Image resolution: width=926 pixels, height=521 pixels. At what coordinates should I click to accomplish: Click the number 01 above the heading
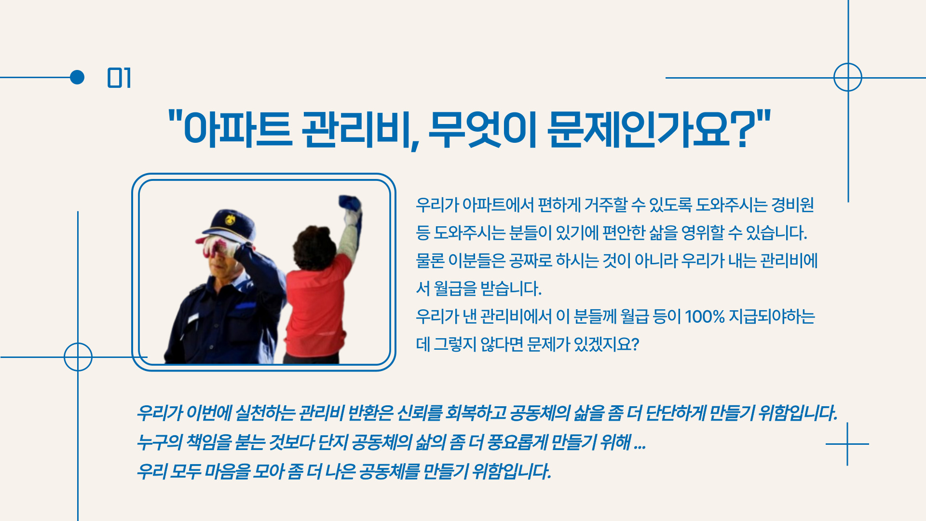tap(119, 78)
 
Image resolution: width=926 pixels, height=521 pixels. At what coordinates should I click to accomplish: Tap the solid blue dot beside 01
tap(77, 77)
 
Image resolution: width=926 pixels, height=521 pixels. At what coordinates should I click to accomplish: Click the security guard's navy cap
tap(227, 225)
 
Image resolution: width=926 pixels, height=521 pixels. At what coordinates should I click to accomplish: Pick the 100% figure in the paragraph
tap(705, 317)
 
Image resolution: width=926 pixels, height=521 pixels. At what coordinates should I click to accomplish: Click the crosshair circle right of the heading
tap(848, 77)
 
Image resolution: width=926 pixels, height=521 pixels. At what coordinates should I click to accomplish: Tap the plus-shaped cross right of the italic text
tap(847, 444)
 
